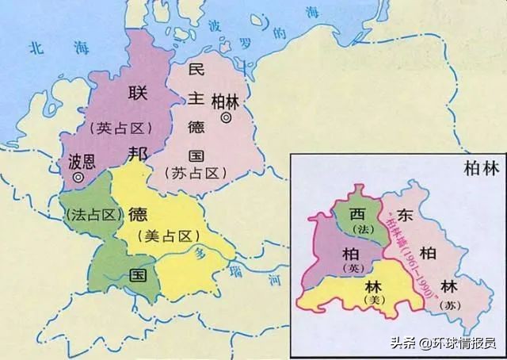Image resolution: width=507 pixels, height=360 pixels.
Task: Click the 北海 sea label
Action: [x=47, y=48]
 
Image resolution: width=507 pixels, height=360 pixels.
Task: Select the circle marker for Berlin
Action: [x=227, y=118]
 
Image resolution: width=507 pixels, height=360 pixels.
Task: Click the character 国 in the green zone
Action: [x=137, y=276]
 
